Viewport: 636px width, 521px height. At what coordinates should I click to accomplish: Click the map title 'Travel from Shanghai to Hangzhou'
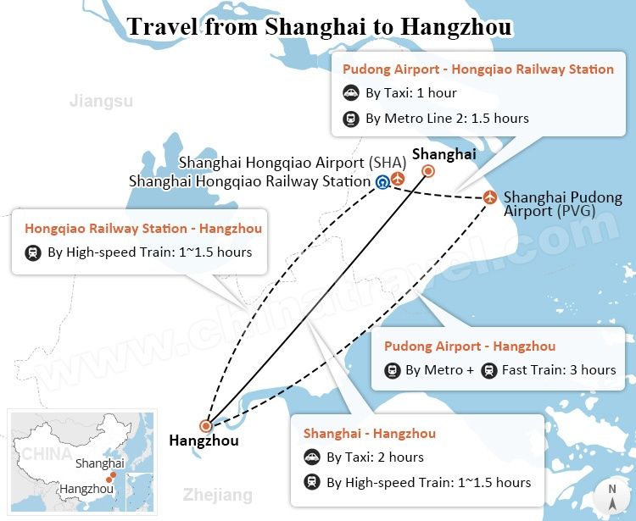point(319,27)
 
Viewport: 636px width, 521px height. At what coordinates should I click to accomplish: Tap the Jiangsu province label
point(101,102)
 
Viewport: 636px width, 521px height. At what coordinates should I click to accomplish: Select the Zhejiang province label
point(218,495)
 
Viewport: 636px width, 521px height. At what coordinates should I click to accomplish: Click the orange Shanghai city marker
point(428,171)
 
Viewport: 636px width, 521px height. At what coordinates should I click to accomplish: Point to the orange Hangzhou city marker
point(205,426)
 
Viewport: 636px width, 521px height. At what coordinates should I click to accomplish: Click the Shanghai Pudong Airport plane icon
point(490,197)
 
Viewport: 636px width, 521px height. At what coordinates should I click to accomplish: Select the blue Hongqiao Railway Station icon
point(382,181)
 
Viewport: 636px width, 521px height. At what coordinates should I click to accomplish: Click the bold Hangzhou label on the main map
point(204,441)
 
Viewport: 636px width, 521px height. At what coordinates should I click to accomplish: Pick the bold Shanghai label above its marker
point(444,154)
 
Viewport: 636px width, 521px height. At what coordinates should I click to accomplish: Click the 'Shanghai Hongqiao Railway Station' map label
point(249,181)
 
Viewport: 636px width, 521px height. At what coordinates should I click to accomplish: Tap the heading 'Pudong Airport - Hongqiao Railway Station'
point(477,69)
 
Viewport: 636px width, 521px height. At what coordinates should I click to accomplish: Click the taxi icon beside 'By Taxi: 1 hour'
point(351,93)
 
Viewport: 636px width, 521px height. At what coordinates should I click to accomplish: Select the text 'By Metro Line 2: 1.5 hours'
point(447,119)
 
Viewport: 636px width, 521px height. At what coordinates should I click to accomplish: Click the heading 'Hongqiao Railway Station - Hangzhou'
point(143,228)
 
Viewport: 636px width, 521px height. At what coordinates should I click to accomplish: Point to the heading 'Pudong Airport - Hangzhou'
point(470,346)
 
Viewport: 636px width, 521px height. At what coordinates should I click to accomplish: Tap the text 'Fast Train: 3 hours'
point(559,370)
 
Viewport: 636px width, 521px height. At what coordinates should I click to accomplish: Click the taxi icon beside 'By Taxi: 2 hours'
point(312,457)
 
